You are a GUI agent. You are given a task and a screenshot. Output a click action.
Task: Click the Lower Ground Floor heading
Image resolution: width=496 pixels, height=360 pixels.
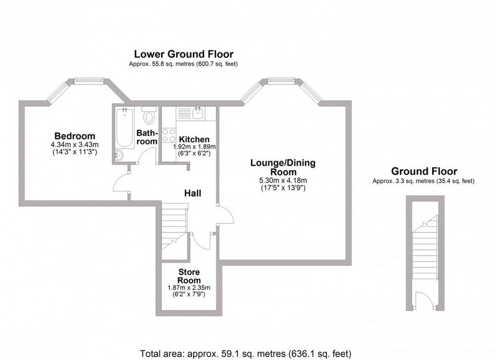pyautogui.click(x=183, y=54)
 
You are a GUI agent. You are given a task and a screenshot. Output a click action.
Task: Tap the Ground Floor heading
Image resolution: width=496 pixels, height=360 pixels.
pyautogui.click(x=425, y=172)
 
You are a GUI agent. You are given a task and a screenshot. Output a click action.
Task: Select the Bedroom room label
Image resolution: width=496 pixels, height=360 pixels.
pyautogui.click(x=75, y=136)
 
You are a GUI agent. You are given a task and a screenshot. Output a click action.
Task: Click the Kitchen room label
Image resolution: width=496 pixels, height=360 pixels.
pyautogui.click(x=194, y=140)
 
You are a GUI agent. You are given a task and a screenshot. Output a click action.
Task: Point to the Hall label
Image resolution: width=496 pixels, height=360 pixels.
pyautogui.click(x=192, y=193)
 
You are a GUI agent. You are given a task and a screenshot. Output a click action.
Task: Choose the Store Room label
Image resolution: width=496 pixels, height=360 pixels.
pyautogui.click(x=189, y=276)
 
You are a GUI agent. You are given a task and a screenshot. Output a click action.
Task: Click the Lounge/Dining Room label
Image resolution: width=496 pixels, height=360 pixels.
pyautogui.click(x=283, y=167)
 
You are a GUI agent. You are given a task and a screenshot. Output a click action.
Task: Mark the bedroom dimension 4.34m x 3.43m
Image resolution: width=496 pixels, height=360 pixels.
pyautogui.click(x=75, y=144)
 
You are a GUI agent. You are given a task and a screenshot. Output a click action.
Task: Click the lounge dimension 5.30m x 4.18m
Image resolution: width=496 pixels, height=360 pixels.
pyautogui.click(x=283, y=181)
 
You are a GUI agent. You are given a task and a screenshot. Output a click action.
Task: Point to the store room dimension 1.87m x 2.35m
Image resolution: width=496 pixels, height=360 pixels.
pyautogui.click(x=189, y=288)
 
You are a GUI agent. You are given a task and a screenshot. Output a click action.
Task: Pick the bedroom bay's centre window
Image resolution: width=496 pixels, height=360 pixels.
pyautogui.click(x=89, y=80)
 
